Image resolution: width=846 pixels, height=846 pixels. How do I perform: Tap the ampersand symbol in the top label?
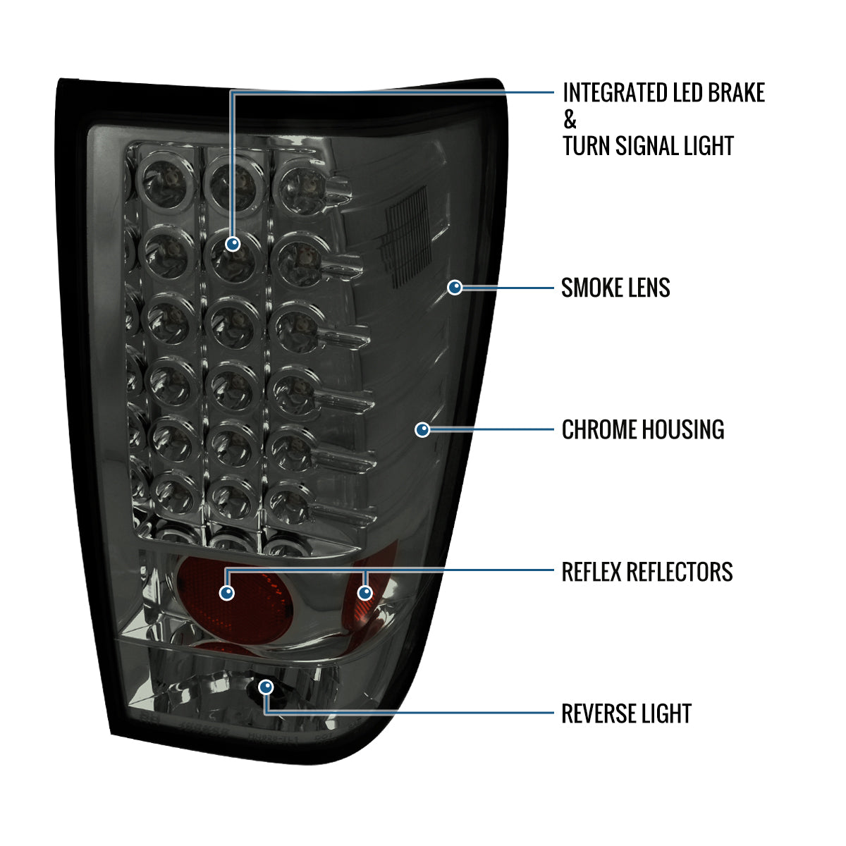[x=570, y=119]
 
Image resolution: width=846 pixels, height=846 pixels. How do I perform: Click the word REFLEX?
[x=591, y=572]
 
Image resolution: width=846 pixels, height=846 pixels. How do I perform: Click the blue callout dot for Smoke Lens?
[x=455, y=288]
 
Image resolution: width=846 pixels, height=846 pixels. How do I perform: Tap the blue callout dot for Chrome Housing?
[x=422, y=429]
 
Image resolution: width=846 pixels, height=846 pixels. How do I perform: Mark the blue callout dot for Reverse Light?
[x=266, y=687]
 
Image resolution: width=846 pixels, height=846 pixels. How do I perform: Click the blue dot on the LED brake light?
[x=233, y=244]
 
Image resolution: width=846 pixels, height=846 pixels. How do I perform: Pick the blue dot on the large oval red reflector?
[x=227, y=593]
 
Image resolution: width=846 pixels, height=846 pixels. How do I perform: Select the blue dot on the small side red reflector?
[x=365, y=593]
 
